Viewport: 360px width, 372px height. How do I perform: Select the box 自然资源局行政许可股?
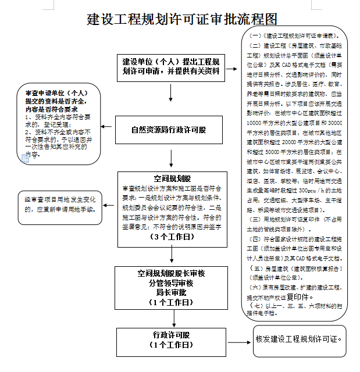click(x=169, y=130)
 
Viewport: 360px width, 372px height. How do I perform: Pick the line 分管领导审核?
click(x=169, y=282)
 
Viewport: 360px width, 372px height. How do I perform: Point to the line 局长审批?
click(x=169, y=292)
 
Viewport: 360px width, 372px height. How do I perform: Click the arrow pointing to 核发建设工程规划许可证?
click(x=238, y=339)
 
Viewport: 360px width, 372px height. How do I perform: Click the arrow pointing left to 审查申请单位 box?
click(x=106, y=125)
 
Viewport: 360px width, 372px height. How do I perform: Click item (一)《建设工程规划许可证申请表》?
click(x=296, y=37)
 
